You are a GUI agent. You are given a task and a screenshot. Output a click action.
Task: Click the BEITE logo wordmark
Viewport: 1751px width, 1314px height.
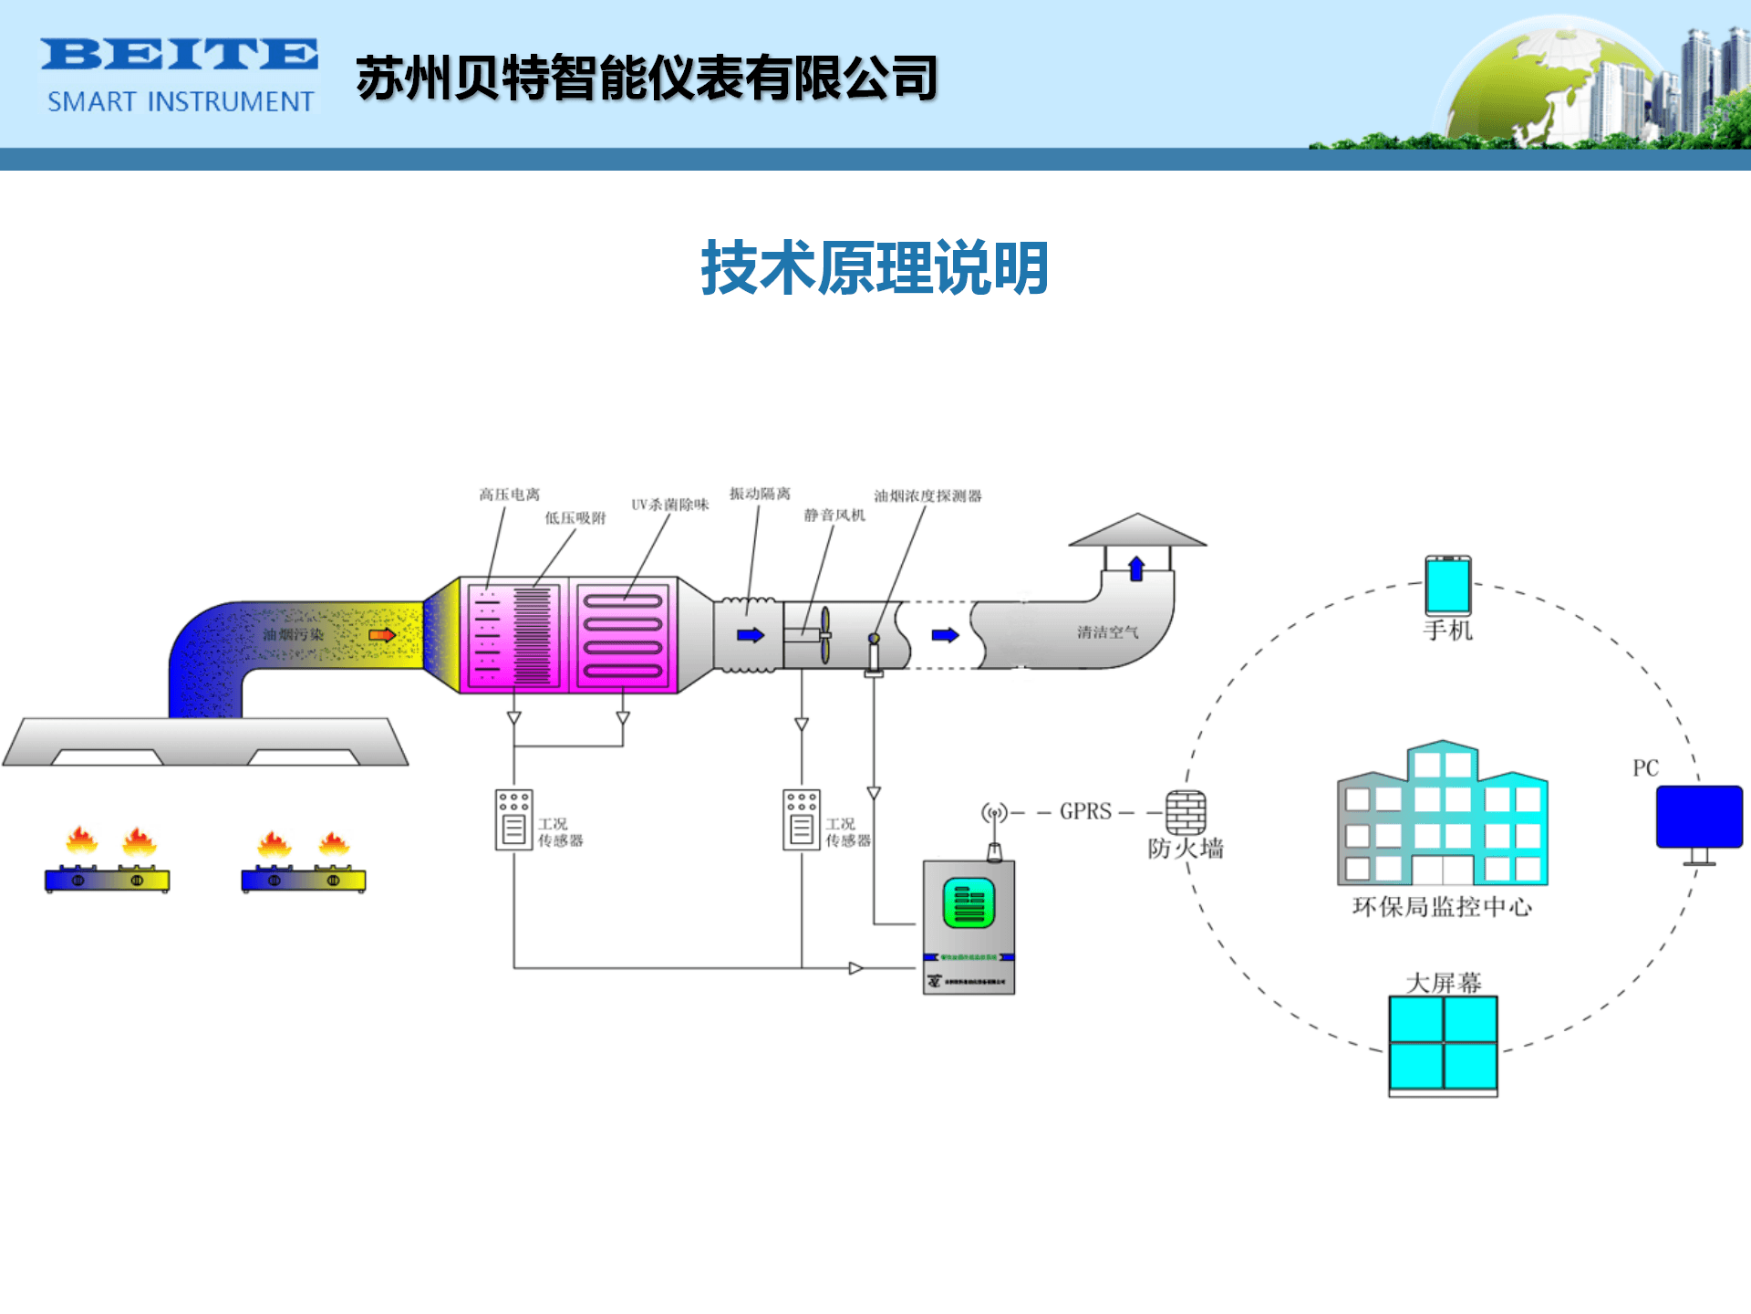click(179, 55)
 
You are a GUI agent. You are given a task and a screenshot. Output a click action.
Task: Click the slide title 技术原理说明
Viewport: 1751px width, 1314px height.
click(874, 268)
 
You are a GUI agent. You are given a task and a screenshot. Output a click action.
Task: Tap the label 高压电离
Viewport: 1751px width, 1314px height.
click(509, 495)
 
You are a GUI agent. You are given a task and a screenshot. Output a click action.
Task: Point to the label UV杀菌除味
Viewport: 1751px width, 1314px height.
click(669, 505)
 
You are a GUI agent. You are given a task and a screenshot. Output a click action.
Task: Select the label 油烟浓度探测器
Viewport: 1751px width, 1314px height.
click(927, 496)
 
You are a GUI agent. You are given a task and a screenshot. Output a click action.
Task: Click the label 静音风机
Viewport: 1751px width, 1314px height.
click(834, 516)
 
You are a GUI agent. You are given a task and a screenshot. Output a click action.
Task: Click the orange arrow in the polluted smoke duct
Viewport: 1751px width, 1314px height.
click(382, 635)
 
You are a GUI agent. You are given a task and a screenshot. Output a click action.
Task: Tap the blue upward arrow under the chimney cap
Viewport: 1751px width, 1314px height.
click(1135, 568)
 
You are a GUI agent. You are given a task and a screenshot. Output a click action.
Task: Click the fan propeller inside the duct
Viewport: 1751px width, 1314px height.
click(824, 635)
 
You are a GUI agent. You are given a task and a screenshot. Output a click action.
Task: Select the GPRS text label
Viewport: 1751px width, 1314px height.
click(1085, 811)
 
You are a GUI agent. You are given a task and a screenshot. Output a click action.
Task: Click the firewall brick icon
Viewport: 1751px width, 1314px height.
click(1186, 812)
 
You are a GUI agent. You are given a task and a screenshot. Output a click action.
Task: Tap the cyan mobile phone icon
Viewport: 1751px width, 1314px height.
click(1447, 585)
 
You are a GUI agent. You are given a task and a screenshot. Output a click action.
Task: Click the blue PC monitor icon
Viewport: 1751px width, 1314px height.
click(1698, 818)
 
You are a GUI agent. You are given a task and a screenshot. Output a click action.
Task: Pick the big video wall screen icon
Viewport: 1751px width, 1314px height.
click(1443, 1043)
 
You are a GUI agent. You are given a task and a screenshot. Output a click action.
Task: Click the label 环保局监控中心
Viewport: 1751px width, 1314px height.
click(1442, 907)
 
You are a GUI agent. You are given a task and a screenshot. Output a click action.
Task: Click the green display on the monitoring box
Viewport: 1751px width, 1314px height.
click(969, 902)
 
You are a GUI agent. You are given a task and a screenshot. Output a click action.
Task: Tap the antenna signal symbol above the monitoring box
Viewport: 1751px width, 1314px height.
click(994, 812)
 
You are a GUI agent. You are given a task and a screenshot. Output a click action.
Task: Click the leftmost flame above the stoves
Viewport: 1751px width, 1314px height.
click(82, 839)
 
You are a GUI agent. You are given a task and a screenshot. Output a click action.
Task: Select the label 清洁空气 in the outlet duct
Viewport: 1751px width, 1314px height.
click(1107, 632)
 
